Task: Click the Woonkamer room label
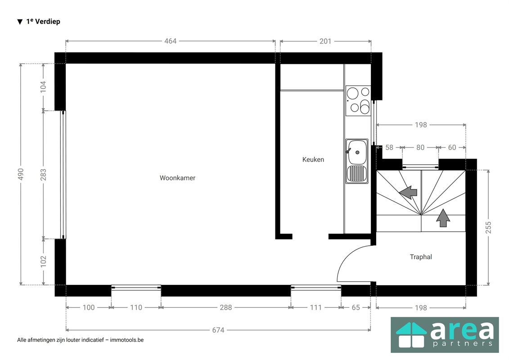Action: (x=177, y=178)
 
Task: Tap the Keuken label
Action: (x=313, y=159)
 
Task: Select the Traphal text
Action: (x=421, y=257)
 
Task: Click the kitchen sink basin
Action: (x=357, y=153)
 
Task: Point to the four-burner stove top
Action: (x=358, y=100)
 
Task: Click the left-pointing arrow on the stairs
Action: (x=408, y=192)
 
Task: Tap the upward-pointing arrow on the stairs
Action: (x=443, y=218)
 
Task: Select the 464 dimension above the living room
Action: (x=171, y=41)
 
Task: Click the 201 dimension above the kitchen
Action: (x=325, y=41)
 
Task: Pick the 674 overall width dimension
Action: (x=218, y=330)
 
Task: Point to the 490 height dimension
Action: (x=21, y=174)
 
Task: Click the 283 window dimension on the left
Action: (x=43, y=175)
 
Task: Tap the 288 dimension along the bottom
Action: (x=225, y=307)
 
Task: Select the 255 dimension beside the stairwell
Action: (x=488, y=228)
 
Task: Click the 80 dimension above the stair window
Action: (x=420, y=148)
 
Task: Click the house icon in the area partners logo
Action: (x=411, y=335)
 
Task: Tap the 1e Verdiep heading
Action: (x=43, y=22)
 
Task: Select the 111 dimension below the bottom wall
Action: (x=315, y=307)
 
